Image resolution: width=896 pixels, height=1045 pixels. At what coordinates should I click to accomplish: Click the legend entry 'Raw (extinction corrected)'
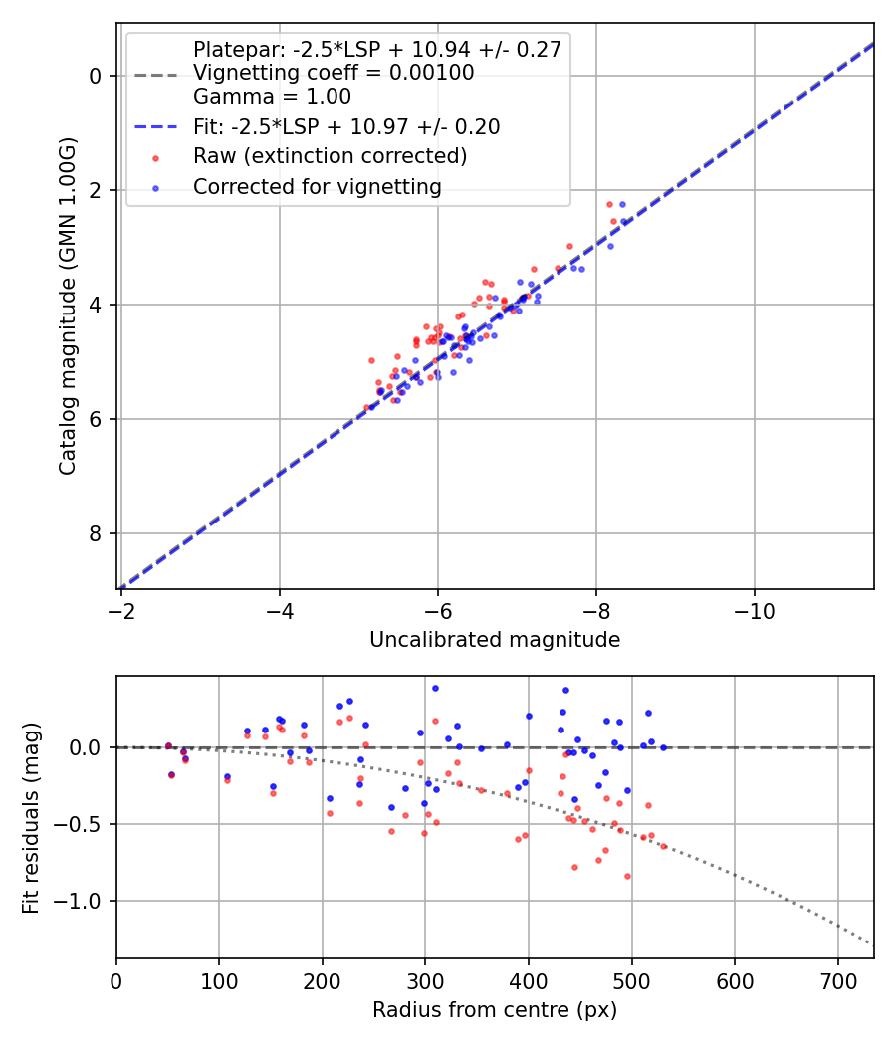tap(330, 156)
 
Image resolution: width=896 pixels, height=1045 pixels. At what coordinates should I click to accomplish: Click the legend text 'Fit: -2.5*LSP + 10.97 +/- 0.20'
tap(346, 126)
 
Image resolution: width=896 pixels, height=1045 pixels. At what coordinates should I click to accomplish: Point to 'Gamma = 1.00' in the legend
tap(272, 98)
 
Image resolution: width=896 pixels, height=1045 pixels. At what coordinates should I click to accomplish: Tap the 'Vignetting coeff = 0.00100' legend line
tap(334, 73)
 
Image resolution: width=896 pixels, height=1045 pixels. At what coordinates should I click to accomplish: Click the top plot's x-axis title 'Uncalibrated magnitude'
tap(495, 640)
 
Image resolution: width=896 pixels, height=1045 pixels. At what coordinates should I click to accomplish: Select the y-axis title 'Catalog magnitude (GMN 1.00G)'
tap(67, 307)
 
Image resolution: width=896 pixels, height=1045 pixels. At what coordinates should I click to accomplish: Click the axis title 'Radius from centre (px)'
tap(495, 1010)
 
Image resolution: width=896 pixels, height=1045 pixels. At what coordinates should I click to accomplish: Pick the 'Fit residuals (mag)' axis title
tap(31, 816)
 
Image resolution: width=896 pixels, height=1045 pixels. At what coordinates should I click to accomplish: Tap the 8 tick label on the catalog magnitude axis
tap(96, 534)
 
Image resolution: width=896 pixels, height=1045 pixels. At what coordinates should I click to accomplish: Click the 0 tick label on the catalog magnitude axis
tap(96, 76)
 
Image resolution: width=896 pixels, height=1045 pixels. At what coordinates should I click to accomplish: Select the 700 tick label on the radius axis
tap(837, 979)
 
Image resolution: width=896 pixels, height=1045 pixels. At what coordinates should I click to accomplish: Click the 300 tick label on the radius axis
tap(425, 979)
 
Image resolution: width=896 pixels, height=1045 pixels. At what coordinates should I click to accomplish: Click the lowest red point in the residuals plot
tap(627, 876)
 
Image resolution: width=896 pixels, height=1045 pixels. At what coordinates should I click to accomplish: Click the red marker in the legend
tap(155, 157)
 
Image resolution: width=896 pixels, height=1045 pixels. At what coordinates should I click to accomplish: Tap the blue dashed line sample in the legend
tap(155, 127)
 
